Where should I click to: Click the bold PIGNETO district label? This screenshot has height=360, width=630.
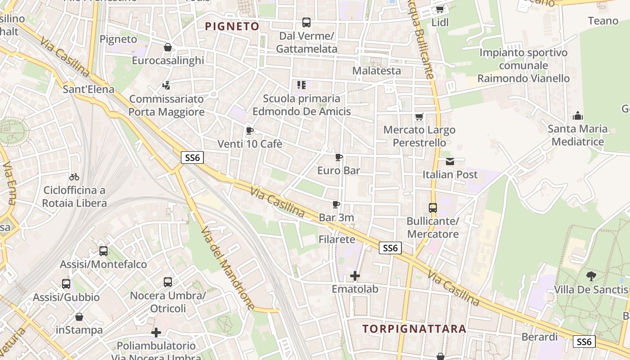232,26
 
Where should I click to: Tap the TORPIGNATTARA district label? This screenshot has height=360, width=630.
414,328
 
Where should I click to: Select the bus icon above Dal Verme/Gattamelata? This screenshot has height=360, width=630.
306,22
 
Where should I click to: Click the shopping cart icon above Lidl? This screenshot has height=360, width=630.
440,9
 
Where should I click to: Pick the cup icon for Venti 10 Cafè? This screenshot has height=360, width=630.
250,131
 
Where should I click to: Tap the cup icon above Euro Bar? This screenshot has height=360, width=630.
339,157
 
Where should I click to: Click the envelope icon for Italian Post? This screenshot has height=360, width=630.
450,161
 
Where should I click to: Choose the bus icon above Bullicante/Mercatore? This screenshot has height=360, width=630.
433,208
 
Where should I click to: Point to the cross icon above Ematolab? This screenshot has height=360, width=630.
355,276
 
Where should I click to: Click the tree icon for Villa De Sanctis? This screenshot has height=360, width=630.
591,276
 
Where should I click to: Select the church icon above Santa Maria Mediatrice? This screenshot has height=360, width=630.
578,116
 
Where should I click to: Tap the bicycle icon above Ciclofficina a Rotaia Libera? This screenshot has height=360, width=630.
74,177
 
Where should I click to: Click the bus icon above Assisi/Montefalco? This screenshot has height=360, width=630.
103,251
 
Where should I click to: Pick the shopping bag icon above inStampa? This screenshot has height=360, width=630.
79,317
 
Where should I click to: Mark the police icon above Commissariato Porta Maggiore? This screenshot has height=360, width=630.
166,85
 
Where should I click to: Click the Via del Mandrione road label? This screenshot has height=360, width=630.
228,267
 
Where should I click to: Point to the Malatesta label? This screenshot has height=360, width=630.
376,71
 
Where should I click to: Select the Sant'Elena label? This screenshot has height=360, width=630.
89,89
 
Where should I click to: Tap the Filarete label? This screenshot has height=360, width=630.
337,239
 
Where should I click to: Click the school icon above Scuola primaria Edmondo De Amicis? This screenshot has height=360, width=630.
301,85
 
